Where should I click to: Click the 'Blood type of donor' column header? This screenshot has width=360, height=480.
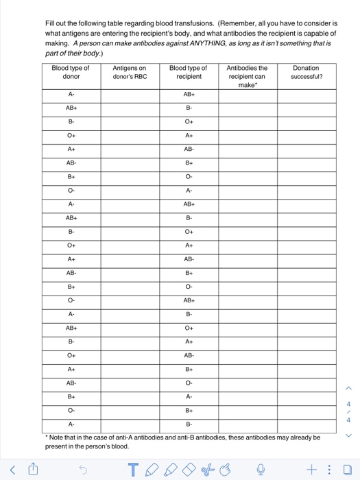pyautogui.click(x=71, y=73)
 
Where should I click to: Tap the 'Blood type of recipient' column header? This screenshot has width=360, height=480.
pyautogui.click(x=188, y=73)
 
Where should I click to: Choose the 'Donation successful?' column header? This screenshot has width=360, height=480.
pyautogui.click(x=306, y=73)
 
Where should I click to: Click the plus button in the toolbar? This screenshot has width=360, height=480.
pyautogui.click(x=312, y=470)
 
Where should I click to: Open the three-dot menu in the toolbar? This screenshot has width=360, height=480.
pyautogui.click(x=330, y=470)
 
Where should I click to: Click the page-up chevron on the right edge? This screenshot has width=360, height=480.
pyautogui.click(x=348, y=389)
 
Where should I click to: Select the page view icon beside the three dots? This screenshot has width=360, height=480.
pyautogui.click(x=348, y=470)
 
